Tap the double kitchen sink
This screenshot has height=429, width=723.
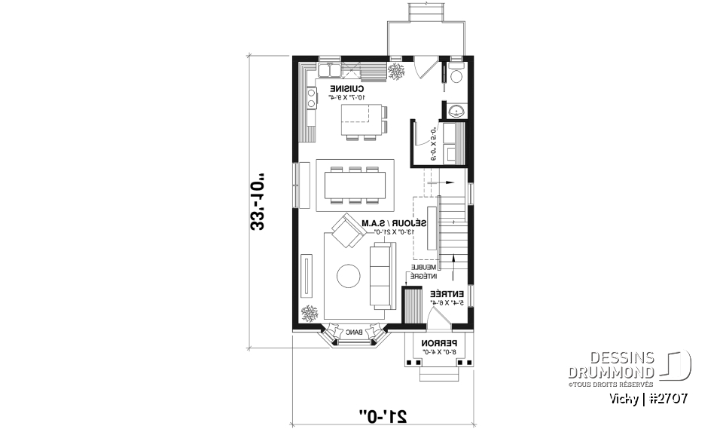[x=328, y=72]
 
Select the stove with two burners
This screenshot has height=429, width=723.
[x=310, y=97]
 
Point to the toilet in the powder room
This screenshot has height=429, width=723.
[x=457, y=75]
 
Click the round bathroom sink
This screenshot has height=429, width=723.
[x=455, y=112]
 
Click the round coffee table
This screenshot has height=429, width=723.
[x=348, y=276]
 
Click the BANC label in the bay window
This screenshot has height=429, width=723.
[x=354, y=332]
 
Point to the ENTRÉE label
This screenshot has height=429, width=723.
[x=444, y=293]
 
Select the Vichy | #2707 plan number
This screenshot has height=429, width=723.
[x=650, y=397]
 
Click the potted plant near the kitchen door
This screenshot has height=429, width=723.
[x=397, y=72]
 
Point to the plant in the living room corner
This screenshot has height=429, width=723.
[x=309, y=312]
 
